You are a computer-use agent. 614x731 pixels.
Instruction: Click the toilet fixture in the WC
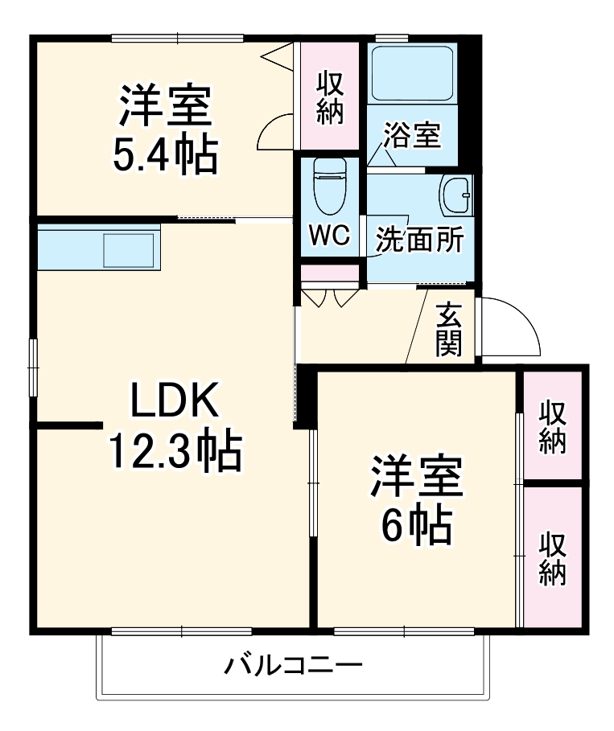(x=329, y=184)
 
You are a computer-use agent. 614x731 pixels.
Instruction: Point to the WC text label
(x=329, y=237)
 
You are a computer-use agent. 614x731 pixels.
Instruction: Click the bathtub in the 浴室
(x=410, y=73)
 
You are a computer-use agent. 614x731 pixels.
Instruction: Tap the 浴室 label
(x=411, y=135)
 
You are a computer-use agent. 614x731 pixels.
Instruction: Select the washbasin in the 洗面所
(x=456, y=194)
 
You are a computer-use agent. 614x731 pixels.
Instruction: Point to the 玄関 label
(x=448, y=330)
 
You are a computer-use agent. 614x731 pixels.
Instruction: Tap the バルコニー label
(x=294, y=667)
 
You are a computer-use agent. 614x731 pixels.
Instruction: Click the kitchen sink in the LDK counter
(x=128, y=248)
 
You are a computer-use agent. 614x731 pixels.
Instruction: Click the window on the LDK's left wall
(x=34, y=366)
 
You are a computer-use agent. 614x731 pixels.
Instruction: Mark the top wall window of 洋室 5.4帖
(x=177, y=37)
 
